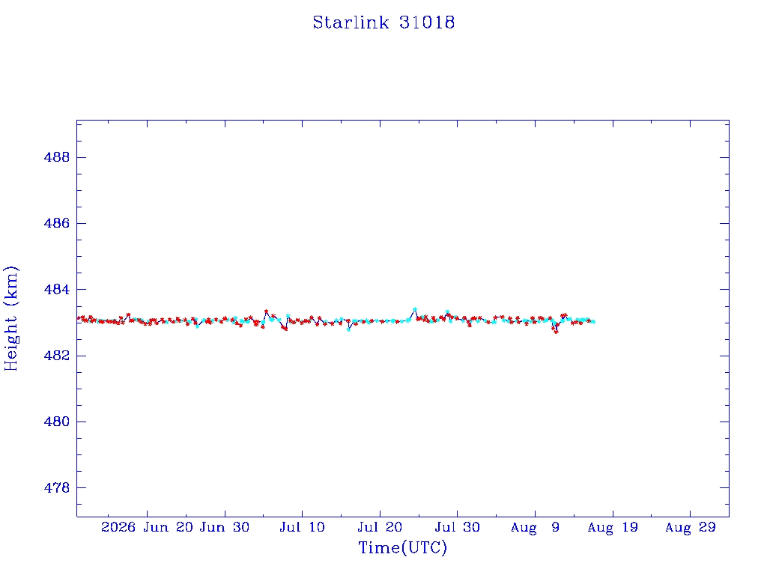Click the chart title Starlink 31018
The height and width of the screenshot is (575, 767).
(x=383, y=22)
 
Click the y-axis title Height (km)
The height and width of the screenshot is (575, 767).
(x=10, y=319)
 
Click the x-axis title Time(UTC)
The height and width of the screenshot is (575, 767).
(x=402, y=547)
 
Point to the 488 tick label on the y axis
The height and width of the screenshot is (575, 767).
(x=57, y=157)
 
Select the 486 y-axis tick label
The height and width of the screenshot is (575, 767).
(x=57, y=223)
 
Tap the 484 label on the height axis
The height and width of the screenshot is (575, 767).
(x=57, y=290)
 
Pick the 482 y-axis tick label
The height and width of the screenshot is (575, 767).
(x=57, y=356)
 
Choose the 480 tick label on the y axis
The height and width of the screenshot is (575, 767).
(x=57, y=422)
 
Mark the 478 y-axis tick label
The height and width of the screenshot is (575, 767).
(x=57, y=487)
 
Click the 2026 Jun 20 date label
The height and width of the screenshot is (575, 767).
(x=148, y=527)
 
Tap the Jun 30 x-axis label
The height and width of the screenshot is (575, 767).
(x=225, y=527)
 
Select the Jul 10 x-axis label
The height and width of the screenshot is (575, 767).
(x=303, y=527)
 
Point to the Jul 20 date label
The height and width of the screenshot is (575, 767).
(x=380, y=527)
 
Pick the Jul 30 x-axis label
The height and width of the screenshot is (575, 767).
(x=458, y=527)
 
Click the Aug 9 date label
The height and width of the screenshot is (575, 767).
(x=535, y=527)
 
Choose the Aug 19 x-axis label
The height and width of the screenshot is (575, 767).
(x=613, y=527)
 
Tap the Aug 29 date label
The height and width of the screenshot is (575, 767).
(x=690, y=527)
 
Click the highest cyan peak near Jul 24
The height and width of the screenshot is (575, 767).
(x=415, y=309)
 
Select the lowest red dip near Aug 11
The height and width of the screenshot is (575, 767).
(x=556, y=332)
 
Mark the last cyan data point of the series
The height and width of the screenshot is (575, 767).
(x=593, y=321)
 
